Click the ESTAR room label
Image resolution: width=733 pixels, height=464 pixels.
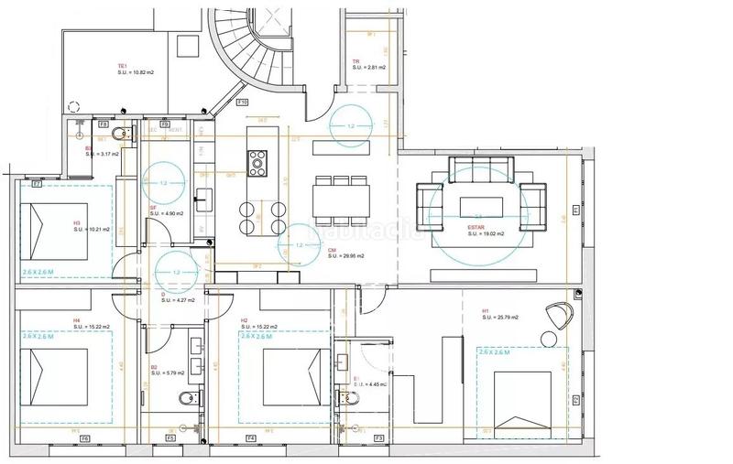point(476,227)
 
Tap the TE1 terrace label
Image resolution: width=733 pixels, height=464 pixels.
point(121,66)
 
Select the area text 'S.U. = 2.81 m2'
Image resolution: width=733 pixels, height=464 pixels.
point(367,68)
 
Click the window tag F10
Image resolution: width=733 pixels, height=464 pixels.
point(243,102)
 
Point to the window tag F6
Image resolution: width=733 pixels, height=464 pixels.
point(85,439)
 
